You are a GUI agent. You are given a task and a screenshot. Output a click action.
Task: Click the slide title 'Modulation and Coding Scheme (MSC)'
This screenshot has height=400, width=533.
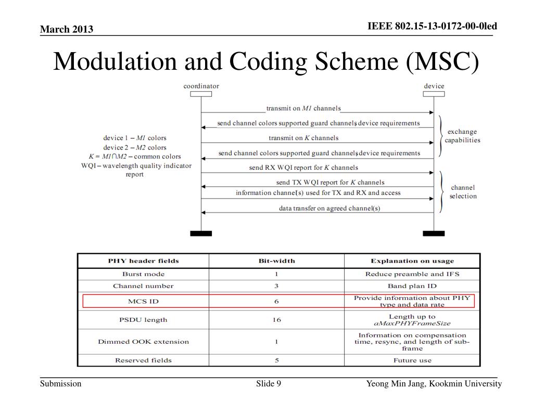point(266,62)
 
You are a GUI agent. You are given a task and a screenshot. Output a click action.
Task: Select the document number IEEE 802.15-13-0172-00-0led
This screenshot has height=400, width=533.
point(433,26)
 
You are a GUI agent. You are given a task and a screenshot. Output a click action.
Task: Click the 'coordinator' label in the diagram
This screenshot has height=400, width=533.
point(201,86)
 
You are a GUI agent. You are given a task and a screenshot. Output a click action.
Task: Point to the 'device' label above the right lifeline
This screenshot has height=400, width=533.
point(434,86)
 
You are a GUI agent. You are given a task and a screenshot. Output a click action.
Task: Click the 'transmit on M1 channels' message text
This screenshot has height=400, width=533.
point(303,108)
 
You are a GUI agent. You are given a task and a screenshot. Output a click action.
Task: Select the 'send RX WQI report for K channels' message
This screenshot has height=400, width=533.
point(303,168)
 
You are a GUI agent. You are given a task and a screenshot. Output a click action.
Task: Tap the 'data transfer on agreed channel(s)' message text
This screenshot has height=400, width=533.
point(329,208)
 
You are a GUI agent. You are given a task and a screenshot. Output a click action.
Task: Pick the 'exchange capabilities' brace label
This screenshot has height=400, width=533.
point(462,136)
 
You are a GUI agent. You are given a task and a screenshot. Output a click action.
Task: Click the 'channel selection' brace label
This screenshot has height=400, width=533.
point(463,192)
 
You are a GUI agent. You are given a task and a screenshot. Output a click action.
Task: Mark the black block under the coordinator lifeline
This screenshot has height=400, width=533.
point(201,233)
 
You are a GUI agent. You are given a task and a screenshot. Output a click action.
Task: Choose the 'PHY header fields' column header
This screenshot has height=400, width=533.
point(143,261)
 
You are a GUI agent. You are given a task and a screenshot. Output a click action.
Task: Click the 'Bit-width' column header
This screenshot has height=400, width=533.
point(276,261)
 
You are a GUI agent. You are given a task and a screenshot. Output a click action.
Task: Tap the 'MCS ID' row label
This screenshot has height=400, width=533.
point(143,301)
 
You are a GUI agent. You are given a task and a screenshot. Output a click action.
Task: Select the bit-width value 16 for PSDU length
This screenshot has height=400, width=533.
point(276,320)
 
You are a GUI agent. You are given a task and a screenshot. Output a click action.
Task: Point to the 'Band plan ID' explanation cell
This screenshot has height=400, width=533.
point(412,286)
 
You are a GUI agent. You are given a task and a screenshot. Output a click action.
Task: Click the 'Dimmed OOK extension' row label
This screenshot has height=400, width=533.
point(143,342)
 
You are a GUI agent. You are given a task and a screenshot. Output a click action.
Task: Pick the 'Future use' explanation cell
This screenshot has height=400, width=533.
point(412,360)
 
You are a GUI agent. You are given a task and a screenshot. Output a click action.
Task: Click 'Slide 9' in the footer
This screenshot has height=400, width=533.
point(269,384)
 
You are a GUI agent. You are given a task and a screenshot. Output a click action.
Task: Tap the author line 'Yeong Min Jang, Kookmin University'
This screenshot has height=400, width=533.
point(434,384)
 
